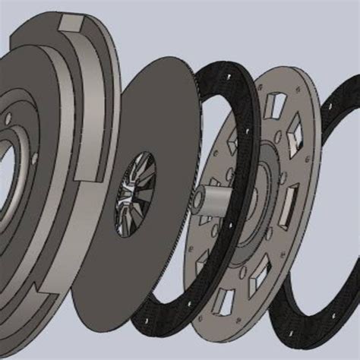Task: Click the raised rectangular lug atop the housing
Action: tap(70, 24)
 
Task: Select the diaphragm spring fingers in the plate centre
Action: tap(134, 193)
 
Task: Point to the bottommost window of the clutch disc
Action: tap(226, 302)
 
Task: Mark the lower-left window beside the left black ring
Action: tap(204, 265)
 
